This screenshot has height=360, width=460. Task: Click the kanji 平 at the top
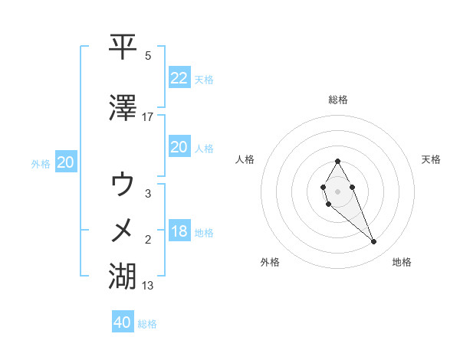click(x=123, y=47)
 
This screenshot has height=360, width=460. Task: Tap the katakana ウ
click(x=123, y=185)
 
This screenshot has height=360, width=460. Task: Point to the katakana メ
click(x=123, y=230)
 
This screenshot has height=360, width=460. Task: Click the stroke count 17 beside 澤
click(x=147, y=116)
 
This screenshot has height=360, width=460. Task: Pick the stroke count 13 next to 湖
click(x=148, y=286)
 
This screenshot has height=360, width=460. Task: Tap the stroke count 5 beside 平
click(x=148, y=56)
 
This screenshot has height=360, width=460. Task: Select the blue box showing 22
click(x=179, y=77)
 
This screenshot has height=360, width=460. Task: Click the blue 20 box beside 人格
click(x=179, y=147)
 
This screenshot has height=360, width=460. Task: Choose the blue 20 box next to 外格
click(x=65, y=162)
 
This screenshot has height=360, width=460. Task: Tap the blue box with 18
click(x=179, y=231)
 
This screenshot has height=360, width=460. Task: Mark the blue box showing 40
click(x=123, y=322)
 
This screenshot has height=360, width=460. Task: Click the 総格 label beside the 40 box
click(x=147, y=324)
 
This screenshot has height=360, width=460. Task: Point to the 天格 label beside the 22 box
click(x=204, y=79)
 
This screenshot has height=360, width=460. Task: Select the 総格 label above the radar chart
click(x=337, y=100)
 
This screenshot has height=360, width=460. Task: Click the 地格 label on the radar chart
click(x=402, y=262)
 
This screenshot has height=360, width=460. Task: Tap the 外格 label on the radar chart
click(x=270, y=262)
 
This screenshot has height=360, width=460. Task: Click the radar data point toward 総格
click(x=337, y=161)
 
